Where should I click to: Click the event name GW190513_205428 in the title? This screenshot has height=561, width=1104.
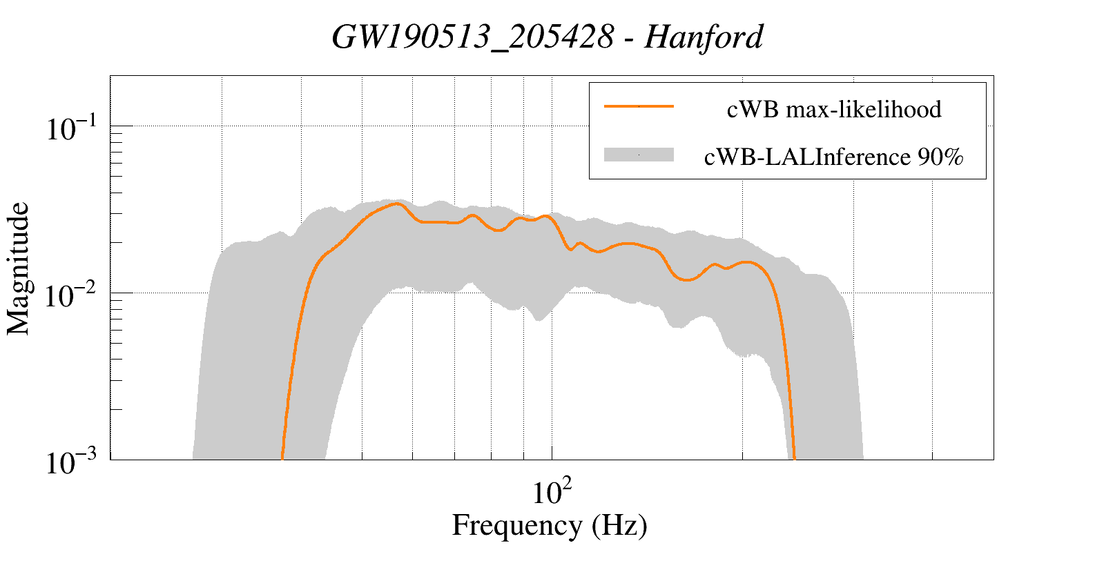(472, 37)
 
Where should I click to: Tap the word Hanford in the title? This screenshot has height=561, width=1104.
(704, 37)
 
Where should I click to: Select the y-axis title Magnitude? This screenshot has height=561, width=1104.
(19, 268)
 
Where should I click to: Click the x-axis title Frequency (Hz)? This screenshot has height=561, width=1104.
(550, 526)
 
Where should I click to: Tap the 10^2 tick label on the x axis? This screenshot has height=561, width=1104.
(552, 493)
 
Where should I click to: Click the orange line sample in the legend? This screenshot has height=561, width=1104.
(639, 106)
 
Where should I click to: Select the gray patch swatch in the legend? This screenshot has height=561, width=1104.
(639, 155)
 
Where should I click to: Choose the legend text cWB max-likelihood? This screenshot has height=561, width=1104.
(834, 109)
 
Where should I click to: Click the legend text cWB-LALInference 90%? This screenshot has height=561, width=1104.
(833, 157)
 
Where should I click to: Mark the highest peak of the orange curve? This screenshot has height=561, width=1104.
(397, 204)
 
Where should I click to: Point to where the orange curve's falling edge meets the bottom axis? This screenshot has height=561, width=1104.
(794, 458)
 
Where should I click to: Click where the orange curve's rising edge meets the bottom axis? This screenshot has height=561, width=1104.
(282, 458)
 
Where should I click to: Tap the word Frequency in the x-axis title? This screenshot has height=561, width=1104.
(517, 526)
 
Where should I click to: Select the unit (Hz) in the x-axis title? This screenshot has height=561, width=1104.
(619, 526)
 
